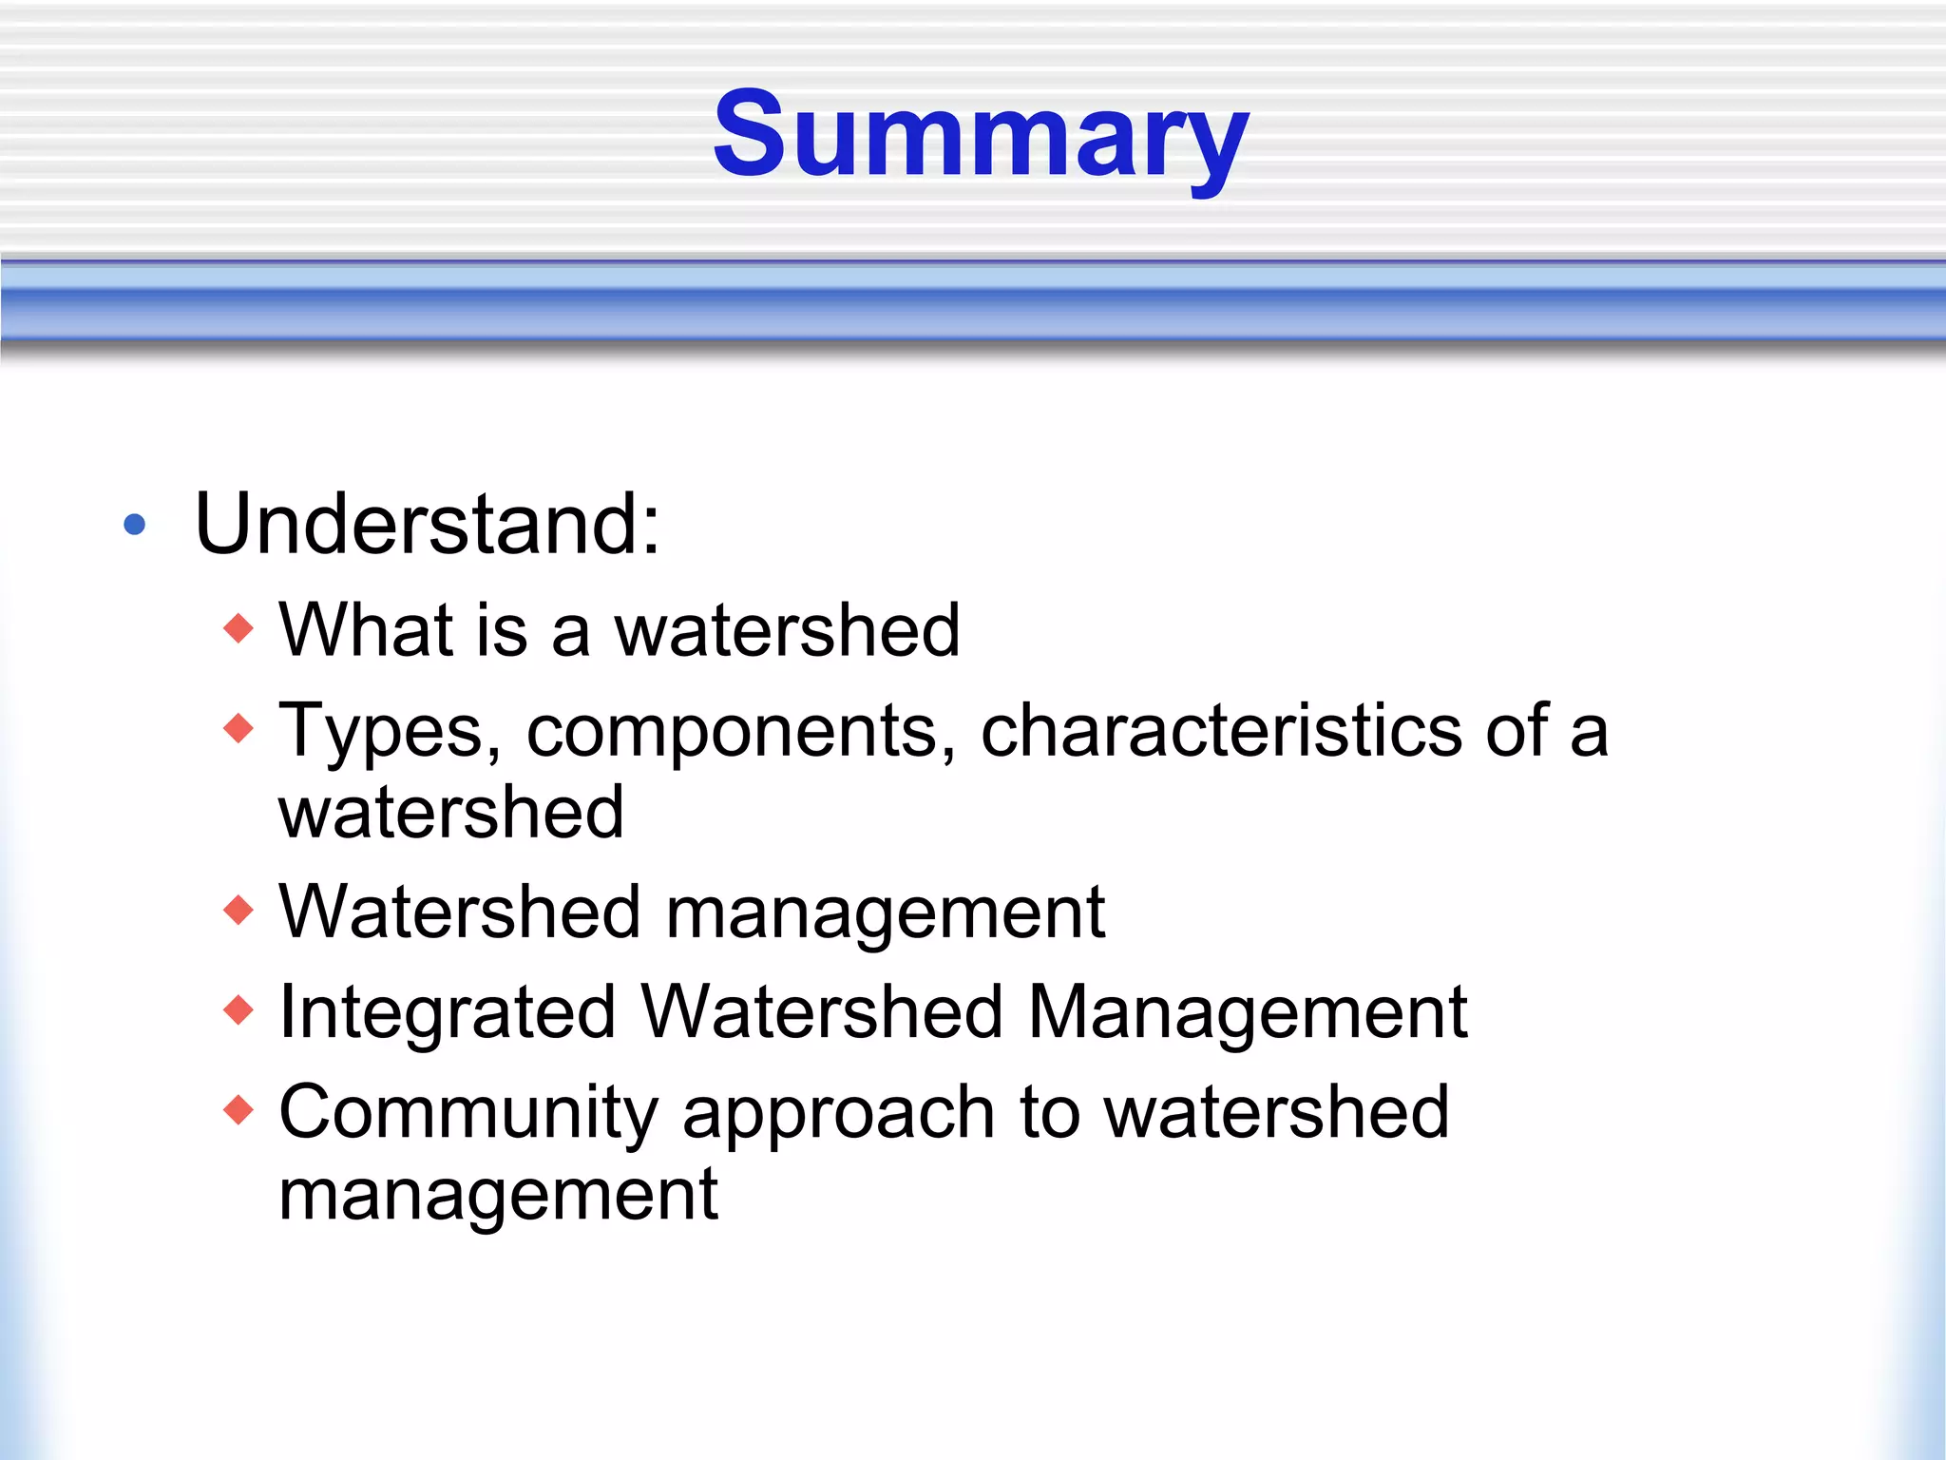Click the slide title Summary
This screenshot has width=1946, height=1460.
coord(981,136)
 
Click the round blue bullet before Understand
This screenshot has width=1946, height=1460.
coord(135,525)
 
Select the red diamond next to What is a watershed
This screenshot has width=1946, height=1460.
coord(238,628)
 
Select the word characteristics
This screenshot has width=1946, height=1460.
coord(1221,730)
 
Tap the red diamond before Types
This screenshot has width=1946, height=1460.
coord(238,729)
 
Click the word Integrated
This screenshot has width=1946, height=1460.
coord(448,1012)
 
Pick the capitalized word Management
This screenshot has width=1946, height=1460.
coord(1248,1012)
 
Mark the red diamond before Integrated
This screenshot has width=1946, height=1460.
coord(238,1009)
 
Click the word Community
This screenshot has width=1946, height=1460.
coord(468,1112)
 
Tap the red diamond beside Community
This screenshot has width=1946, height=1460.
coord(238,1109)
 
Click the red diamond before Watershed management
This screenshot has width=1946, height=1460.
coord(238,911)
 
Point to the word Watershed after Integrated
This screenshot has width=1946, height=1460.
coord(822,1012)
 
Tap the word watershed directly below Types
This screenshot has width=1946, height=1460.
coord(451,813)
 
